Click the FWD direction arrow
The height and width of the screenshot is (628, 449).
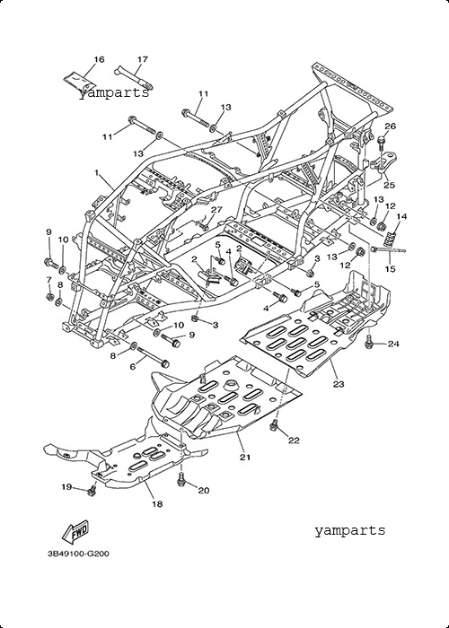click(75, 532)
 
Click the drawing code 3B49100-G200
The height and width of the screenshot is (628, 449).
click(79, 554)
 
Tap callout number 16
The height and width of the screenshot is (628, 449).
click(99, 60)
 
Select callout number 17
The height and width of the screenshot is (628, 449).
click(143, 60)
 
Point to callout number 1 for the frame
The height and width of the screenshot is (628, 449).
click(97, 172)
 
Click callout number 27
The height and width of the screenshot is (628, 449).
click(216, 210)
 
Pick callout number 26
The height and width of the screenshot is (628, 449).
click(390, 126)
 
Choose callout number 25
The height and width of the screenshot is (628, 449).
click(389, 185)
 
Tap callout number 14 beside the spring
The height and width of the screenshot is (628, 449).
click(401, 217)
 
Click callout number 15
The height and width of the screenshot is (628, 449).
click(390, 269)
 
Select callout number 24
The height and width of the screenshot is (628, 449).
click(393, 344)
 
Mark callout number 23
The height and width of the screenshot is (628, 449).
click(339, 385)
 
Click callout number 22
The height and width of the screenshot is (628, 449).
click(294, 440)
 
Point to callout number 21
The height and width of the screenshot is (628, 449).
click(245, 458)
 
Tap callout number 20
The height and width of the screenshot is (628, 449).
click(204, 491)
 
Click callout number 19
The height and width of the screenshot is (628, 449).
click(66, 487)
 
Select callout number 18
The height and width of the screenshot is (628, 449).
click(157, 504)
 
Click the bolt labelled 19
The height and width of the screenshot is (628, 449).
click(92, 490)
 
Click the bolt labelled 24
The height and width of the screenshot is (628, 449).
click(369, 343)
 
